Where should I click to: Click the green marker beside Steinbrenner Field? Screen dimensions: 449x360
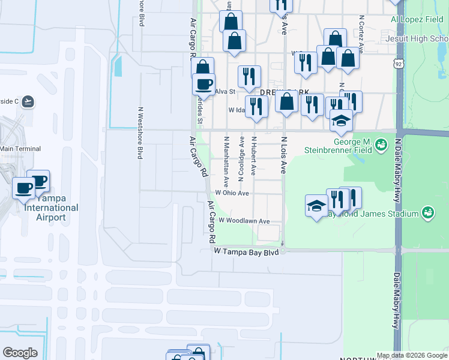pyautogui.click(x=381, y=145)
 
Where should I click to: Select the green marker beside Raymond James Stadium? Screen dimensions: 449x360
pyautogui.click(x=427, y=212)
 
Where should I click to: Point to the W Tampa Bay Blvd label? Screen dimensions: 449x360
pyautogui.click(x=246, y=252)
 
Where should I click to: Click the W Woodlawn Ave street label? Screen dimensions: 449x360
pyautogui.click(x=244, y=221)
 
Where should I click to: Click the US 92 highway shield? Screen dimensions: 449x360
pyautogui.click(x=399, y=64)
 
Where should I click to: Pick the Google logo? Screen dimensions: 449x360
pyautogui.click(x=20, y=353)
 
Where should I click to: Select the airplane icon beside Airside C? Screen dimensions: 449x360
pyautogui.click(x=28, y=101)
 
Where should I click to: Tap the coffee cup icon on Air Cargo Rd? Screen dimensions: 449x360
pyautogui.click(x=204, y=83)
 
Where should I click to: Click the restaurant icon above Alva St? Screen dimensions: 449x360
pyautogui.click(x=249, y=76)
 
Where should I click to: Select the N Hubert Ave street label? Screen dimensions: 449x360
pyautogui.click(x=254, y=155)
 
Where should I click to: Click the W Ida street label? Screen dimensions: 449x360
pyautogui.click(x=236, y=110)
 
